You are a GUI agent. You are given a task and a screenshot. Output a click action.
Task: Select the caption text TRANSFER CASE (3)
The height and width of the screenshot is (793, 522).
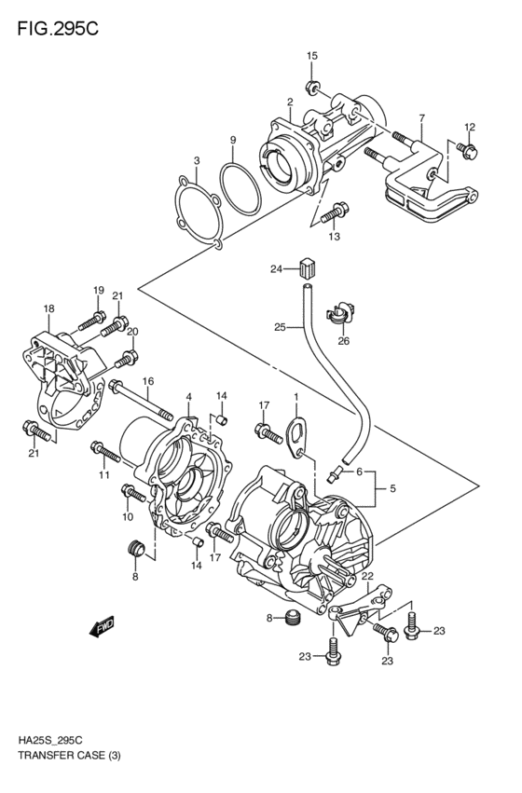(62, 775)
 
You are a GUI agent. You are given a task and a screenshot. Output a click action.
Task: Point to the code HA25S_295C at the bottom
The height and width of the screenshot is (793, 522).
(49, 759)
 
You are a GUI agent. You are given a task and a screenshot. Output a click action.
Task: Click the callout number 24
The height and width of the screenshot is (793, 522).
(276, 270)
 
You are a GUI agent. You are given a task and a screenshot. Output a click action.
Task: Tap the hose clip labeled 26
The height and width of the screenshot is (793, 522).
(341, 316)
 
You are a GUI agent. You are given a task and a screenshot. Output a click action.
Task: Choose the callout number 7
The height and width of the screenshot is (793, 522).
(421, 118)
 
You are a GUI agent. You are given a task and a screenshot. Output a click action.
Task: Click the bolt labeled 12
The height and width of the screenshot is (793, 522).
(467, 149)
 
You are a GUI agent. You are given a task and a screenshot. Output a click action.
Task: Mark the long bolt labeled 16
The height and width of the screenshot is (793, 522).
(140, 399)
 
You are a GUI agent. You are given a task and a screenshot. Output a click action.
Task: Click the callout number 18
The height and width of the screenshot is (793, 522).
(48, 308)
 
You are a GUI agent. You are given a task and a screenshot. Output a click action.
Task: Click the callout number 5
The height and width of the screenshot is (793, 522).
(392, 487)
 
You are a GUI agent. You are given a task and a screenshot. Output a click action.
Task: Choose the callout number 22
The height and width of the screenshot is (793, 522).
(367, 577)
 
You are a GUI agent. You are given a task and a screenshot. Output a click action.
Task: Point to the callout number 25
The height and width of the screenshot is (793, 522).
(279, 326)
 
